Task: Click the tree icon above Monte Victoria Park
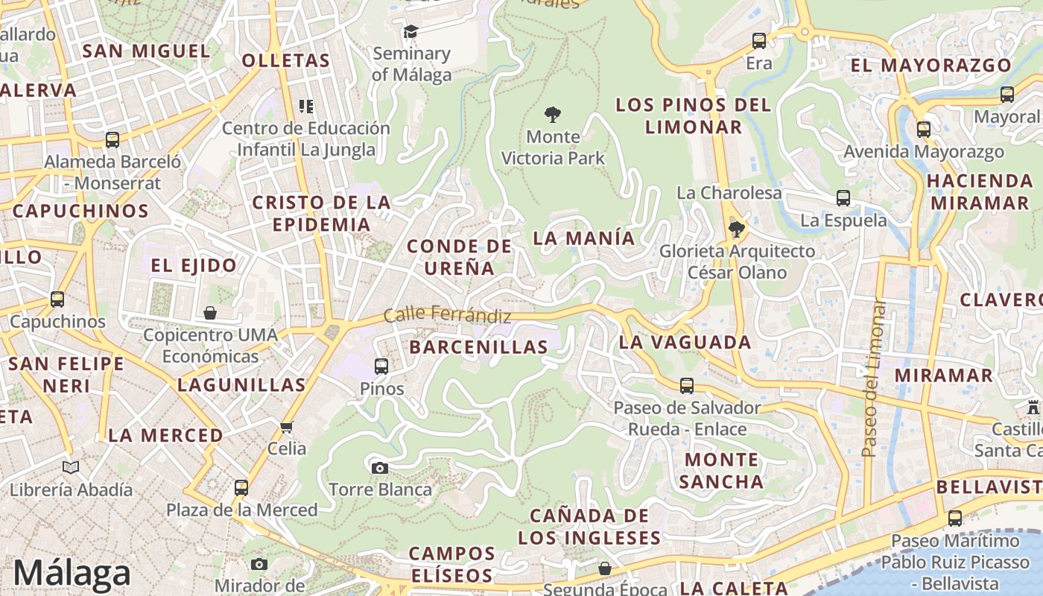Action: click(552, 115)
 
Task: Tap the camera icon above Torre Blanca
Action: click(380, 468)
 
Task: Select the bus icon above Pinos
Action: click(381, 366)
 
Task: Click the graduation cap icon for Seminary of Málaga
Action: click(410, 31)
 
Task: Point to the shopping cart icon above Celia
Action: click(287, 427)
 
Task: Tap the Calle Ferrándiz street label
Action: click(447, 315)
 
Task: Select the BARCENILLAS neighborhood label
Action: click(478, 346)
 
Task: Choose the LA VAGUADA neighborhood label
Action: click(685, 342)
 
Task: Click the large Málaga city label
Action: click(72, 573)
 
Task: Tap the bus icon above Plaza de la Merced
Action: click(241, 488)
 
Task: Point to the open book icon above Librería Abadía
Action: click(71, 467)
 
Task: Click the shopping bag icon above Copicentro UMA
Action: click(210, 313)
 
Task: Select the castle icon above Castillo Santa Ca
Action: click(1033, 408)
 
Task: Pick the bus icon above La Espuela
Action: click(843, 198)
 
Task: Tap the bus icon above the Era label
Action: click(759, 41)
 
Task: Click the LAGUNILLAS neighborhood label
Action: click(241, 384)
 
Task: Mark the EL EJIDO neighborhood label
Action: click(194, 265)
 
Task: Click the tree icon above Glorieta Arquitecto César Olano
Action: click(737, 229)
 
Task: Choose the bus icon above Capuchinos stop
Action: click(57, 299)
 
